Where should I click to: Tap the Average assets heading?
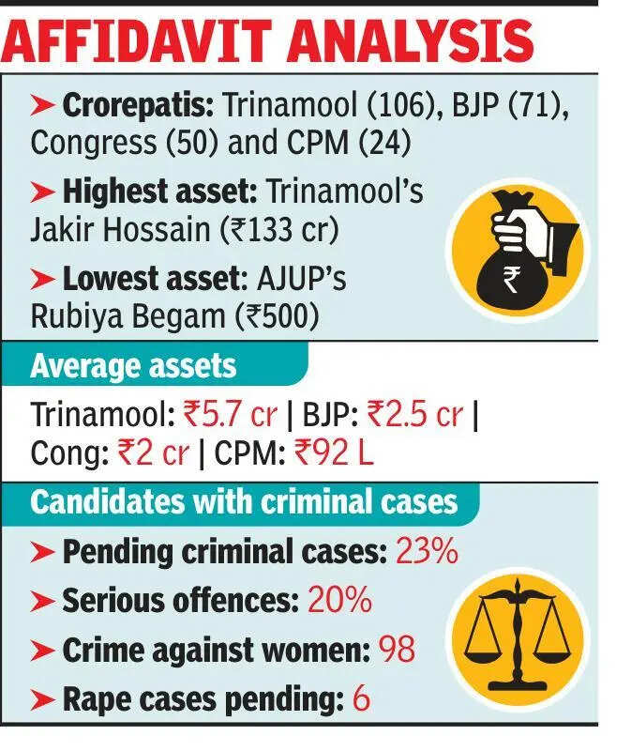[133, 365]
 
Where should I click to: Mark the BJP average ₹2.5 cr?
[413, 414]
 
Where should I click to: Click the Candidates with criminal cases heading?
[244, 501]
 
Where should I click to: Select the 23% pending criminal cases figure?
[427, 552]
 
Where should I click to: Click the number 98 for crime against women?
[397, 649]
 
